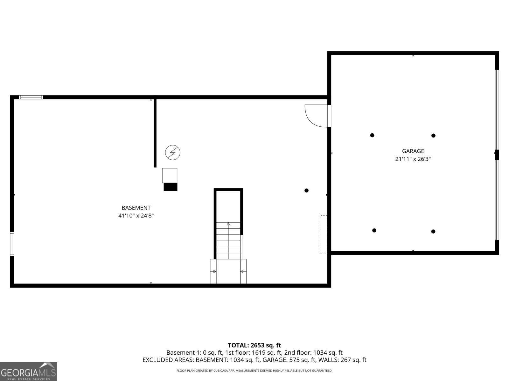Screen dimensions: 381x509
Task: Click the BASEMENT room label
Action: (x=136, y=208)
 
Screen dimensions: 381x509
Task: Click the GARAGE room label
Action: (x=413, y=151)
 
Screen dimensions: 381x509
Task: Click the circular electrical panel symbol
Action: (x=172, y=153)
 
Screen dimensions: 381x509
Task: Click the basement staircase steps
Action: (x=228, y=240)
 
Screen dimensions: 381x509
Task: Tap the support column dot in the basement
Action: (x=306, y=190)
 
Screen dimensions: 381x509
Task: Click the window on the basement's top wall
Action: (x=31, y=97)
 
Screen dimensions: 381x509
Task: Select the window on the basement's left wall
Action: (x=12, y=244)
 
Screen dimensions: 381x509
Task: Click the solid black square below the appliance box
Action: (x=171, y=187)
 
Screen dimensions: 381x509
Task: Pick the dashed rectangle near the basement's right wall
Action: (x=323, y=234)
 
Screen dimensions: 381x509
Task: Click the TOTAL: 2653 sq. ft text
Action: (x=254, y=345)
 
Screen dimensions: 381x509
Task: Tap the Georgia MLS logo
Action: (x=29, y=371)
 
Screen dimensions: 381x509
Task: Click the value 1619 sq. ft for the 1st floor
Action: (x=262, y=353)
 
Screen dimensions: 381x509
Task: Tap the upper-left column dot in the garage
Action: (x=372, y=135)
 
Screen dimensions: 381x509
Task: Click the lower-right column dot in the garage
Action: (x=433, y=231)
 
